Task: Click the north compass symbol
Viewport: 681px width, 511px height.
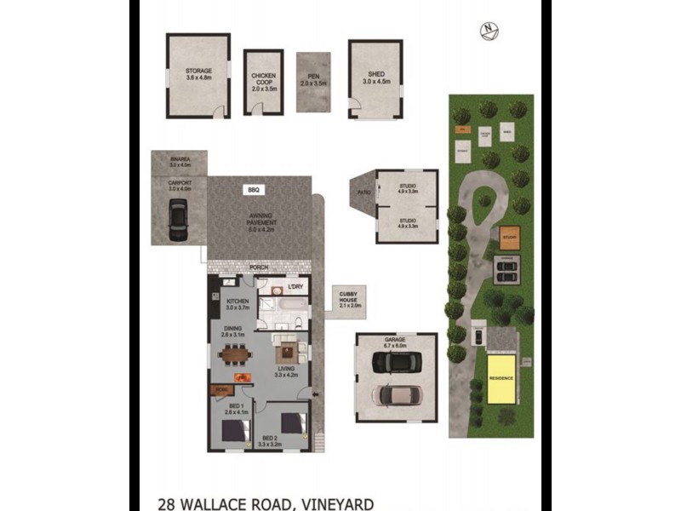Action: point(488,30)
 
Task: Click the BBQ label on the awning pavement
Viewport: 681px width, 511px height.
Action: point(253,189)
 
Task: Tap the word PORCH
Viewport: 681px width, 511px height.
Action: point(259,267)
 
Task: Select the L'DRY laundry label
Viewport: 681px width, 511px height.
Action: point(295,287)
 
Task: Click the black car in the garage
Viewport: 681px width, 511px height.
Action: point(395,362)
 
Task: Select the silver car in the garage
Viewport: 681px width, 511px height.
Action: point(396,394)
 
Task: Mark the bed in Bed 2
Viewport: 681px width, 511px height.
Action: point(294,422)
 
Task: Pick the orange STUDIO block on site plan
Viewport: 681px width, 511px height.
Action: point(510,234)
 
